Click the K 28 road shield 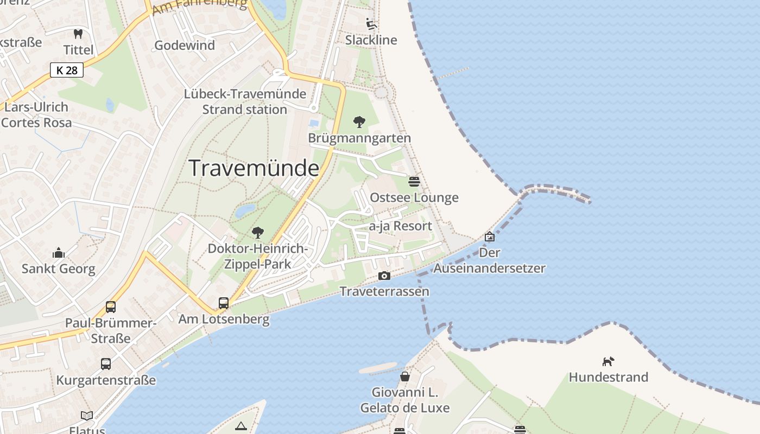pyautogui.click(x=67, y=70)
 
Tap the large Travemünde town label pyautogui.click(x=254, y=168)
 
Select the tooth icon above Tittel pyautogui.click(x=78, y=34)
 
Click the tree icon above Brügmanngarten pyautogui.click(x=359, y=122)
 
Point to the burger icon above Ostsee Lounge pyautogui.click(x=414, y=181)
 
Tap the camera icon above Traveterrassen pyautogui.click(x=384, y=276)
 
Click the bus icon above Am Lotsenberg pyautogui.click(x=224, y=303)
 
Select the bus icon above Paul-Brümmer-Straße pyautogui.click(x=111, y=307)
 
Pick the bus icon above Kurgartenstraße pyautogui.click(x=106, y=364)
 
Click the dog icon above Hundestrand pyautogui.click(x=608, y=361)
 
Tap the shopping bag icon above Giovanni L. pyautogui.click(x=405, y=376)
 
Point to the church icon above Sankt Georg pyautogui.click(x=58, y=253)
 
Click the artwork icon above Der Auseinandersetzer pyautogui.click(x=490, y=237)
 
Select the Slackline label pyautogui.click(x=371, y=40)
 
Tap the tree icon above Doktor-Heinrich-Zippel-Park pyautogui.click(x=258, y=233)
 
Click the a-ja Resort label pyautogui.click(x=401, y=226)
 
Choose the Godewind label pyautogui.click(x=185, y=46)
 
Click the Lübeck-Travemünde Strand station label pyautogui.click(x=245, y=101)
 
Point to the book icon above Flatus pyautogui.click(x=87, y=416)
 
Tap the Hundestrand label pyautogui.click(x=609, y=377)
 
